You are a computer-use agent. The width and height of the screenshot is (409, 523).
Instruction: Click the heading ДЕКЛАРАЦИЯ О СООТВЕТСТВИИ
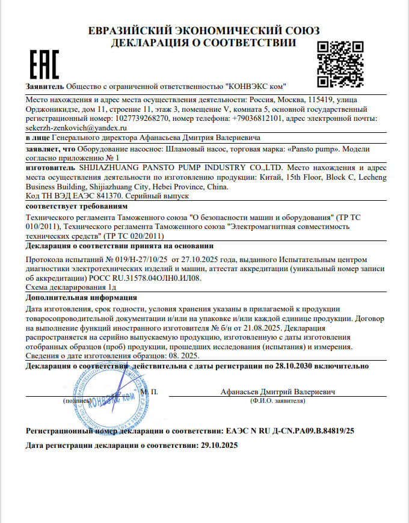[204, 43]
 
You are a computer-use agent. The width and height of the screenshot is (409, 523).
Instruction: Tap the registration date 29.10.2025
[219, 445]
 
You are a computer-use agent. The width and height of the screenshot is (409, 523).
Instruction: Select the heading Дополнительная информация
[81, 298]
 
